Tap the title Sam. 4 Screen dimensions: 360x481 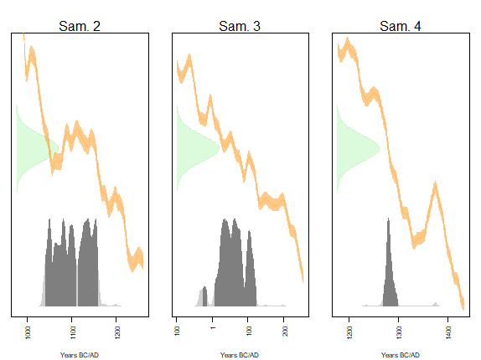[400, 26]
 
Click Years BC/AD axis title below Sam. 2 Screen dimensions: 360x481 [80, 355]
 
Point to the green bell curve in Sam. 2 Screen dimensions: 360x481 [34, 149]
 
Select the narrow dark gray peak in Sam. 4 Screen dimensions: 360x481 [389, 268]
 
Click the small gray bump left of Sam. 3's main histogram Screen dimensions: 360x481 [204, 296]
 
